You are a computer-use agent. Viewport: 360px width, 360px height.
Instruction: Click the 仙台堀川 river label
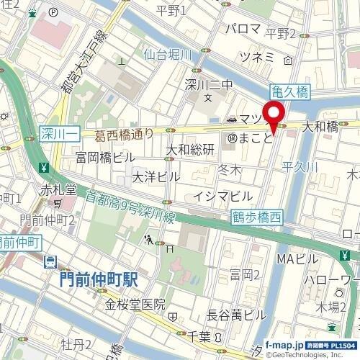click(x=168, y=53)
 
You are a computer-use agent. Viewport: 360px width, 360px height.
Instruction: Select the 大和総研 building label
click(x=191, y=150)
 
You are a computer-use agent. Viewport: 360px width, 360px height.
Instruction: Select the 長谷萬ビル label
click(x=235, y=315)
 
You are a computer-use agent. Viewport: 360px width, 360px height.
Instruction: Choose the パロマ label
click(x=243, y=29)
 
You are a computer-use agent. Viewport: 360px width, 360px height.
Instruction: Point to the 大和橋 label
click(x=320, y=126)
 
